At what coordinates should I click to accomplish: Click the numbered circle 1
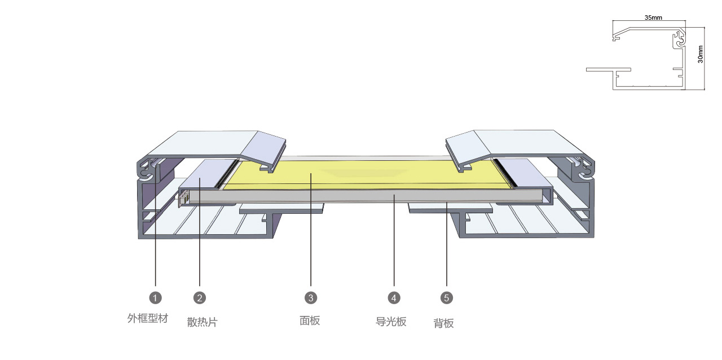[x=155, y=298]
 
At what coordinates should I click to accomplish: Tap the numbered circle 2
[x=200, y=298]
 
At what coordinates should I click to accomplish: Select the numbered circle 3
[x=311, y=298]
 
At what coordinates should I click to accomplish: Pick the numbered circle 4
[x=394, y=298]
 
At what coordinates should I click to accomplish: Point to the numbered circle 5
[x=446, y=298]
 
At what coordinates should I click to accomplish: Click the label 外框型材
[x=148, y=318]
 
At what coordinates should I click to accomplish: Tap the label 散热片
[x=202, y=322]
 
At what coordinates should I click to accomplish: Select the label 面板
[x=310, y=321]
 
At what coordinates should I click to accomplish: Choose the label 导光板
[x=391, y=322]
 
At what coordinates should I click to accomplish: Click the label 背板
[x=443, y=323]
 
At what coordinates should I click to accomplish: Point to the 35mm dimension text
[x=653, y=17]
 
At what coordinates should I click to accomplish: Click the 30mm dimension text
[x=700, y=54]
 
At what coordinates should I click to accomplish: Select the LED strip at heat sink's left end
[x=183, y=197]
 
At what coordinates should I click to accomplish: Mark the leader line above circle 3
[x=311, y=230]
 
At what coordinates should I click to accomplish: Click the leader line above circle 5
[x=446, y=244]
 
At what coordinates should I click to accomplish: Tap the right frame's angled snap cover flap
[x=468, y=150]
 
